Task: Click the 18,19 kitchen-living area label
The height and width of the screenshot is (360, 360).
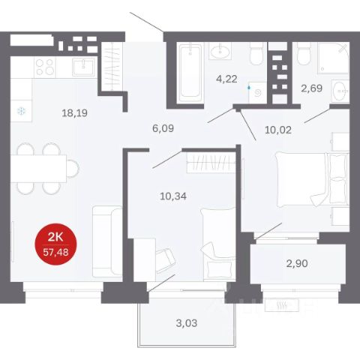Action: (x=74, y=113)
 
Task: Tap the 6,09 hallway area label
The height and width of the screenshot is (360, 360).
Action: (x=163, y=128)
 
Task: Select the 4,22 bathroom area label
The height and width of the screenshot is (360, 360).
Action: (x=226, y=79)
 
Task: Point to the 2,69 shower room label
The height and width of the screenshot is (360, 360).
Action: (x=311, y=88)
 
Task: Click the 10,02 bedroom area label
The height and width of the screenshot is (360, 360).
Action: (x=278, y=130)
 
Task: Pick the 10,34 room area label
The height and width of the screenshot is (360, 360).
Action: (x=173, y=196)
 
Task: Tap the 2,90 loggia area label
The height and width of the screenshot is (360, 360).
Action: (x=297, y=263)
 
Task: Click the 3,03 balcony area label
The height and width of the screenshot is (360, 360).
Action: (x=187, y=323)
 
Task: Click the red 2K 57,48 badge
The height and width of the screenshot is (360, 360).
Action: (x=55, y=244)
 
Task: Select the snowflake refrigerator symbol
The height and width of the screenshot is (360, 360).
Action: (x=21, y=111)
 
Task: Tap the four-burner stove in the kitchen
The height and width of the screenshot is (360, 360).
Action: (x=45, y=67)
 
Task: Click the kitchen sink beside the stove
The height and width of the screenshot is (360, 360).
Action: (x=83, y=67)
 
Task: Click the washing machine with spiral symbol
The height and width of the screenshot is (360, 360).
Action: (x=257, y=92)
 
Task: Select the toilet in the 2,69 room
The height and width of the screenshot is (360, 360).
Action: (x=304, y=54)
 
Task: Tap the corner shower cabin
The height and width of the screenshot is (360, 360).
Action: (x=334, y=58)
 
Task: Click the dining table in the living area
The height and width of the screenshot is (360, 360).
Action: (x=38, y=169)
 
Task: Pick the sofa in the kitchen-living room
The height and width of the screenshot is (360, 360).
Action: (x=107, y=241)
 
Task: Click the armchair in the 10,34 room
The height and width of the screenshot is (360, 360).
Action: (x=165, y=261)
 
